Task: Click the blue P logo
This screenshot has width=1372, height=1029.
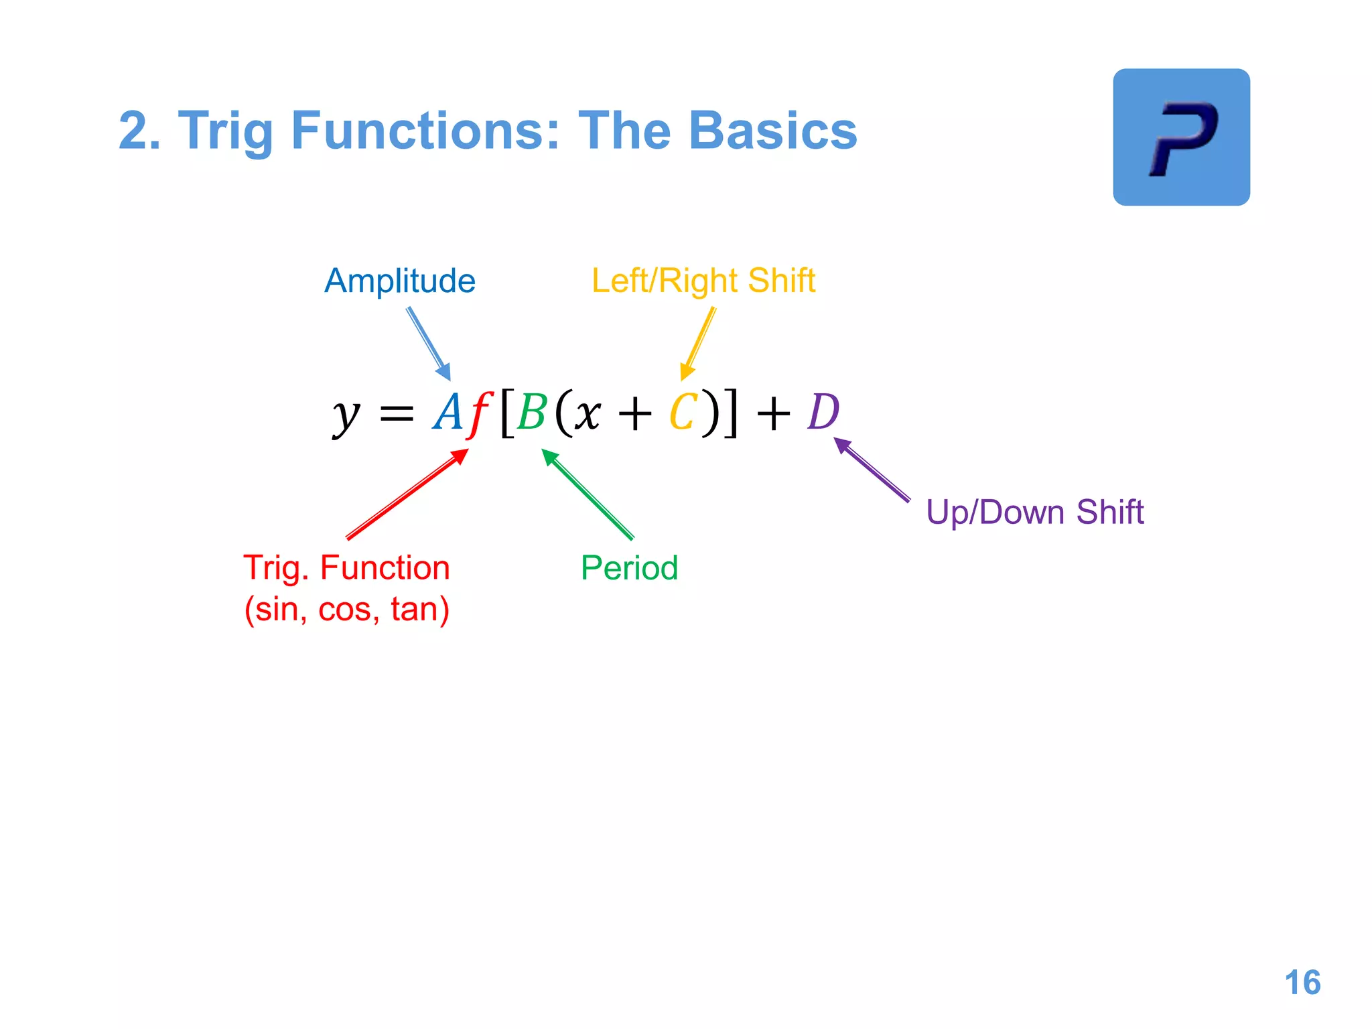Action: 1181,137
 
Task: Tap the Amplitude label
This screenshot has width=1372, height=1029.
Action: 400,281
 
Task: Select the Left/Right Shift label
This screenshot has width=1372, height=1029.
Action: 703,281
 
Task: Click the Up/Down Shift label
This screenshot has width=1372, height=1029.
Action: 1034,512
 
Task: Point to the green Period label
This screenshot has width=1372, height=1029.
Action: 629,568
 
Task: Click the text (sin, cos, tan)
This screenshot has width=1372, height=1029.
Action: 346,610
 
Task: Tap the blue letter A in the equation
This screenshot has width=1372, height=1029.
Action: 448,412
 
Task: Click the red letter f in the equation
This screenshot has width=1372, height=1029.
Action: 480,413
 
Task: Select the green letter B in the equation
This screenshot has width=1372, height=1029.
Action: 533,413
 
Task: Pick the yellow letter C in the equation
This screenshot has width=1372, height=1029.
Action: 683,413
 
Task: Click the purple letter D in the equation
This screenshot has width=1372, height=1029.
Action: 823,412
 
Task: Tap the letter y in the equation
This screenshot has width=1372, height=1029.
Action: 346,415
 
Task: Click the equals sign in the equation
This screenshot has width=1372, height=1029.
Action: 397,414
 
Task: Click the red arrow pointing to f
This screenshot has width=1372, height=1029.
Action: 407,494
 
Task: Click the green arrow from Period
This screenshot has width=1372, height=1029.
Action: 588,494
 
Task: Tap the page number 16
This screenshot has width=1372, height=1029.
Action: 1302,983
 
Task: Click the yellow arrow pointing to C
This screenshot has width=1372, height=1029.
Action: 698,344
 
